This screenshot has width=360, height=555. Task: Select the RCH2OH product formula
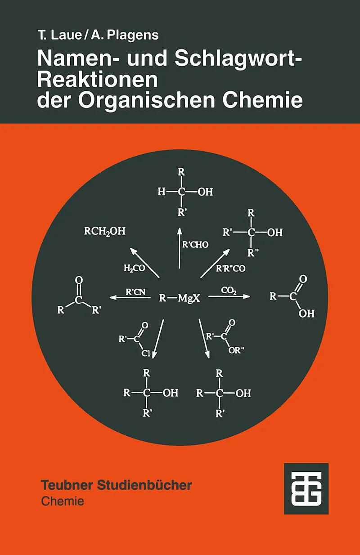tap(105, 232)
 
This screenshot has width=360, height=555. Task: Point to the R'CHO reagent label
tap(195, 245)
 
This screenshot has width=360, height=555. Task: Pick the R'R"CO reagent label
tap(231, 269)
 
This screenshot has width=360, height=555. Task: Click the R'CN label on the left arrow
tap(135, 291)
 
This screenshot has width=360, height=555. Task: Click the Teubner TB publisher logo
tap(306, 488)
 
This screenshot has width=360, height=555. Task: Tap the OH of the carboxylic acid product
tap(306, 313)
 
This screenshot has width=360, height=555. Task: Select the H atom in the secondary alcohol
tap(162, 192)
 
